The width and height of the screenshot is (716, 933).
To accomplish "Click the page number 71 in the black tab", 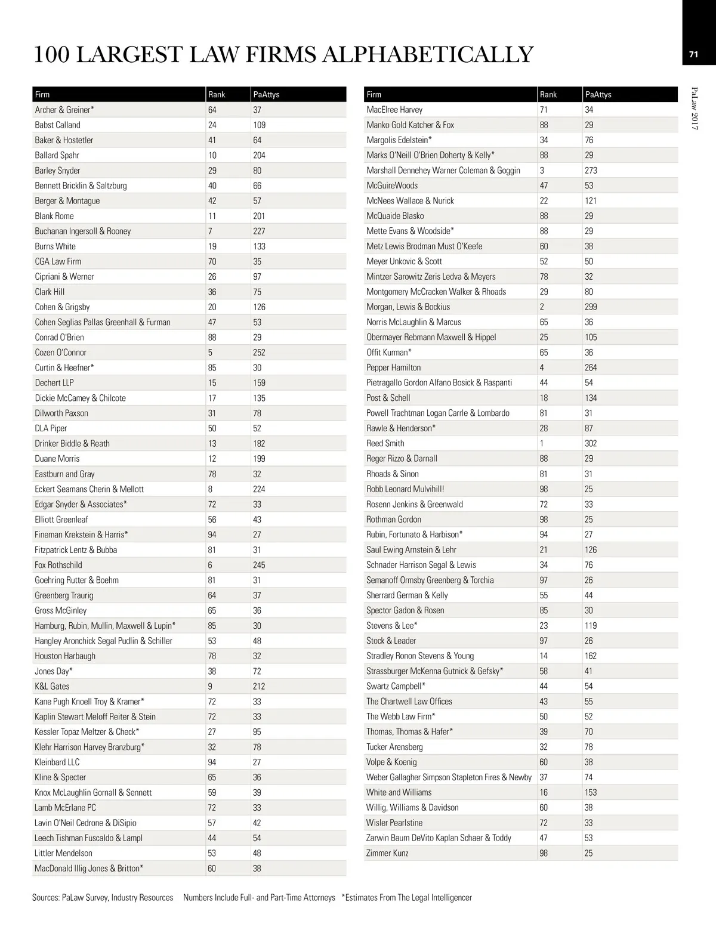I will pyautogui.click(x=693, y=54).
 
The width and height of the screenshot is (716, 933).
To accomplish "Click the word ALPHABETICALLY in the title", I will pyautogui.click(x=427, y=54).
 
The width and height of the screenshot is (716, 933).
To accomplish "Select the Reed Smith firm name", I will pyautogui.click(x=385, y=443).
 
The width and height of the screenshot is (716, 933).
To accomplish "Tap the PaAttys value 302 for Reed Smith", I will pyautogui.click(x=591, y=443).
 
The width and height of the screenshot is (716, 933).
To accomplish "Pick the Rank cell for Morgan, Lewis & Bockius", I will pyautogui.click(x=542, y=307).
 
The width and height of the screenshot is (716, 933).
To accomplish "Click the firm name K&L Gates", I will pyautogui.click(x=52, y=686).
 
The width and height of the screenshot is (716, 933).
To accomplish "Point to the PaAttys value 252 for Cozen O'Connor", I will pyautogui.click(x=259, y=353).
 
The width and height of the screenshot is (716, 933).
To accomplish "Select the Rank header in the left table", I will pyautogui.click(x=217, y=94).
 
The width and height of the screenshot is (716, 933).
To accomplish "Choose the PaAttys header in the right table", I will pyautogui.click(x=598, y=94).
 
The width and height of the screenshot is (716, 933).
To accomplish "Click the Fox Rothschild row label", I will pyautogui.click(x=58, y=565).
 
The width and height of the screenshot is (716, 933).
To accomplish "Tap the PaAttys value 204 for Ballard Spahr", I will pyautogui.click(x=259, y=155).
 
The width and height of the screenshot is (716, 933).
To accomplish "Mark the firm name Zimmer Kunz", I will pyautogui.click(x=387, y=853).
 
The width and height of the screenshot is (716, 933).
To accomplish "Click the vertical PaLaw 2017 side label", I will pyautogui.click(x=695, y=108).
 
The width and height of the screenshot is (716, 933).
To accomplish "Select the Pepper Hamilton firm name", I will pyautogui.click(x=394, y=367).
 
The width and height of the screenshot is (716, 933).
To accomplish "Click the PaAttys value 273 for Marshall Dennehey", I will pyautogui.click(x=591, y=170).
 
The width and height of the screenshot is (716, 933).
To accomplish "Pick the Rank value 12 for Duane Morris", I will pyautogui.click(x=212, y=459).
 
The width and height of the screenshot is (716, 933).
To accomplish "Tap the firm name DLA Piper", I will pyautogui.click(x=51, y=428).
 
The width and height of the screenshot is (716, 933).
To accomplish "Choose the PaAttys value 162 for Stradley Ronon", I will pyautogui.click(x=591, y=656).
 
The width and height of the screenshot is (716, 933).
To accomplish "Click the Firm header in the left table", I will pyautogui.click(x=42, y=94).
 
